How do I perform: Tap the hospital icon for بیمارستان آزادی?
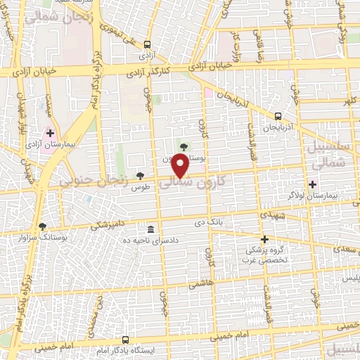tap(51, 131)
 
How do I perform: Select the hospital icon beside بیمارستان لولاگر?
tap(312, 184)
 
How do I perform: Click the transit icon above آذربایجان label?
tap(278, 116)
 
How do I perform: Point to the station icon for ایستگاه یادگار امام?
tap(126, 340)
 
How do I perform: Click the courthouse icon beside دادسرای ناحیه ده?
tap(150, 230)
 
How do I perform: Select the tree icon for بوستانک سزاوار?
tap(43, 226)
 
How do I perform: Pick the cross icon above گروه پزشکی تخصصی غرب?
tap(264, 239)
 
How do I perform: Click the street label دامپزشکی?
tap(111, 225)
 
